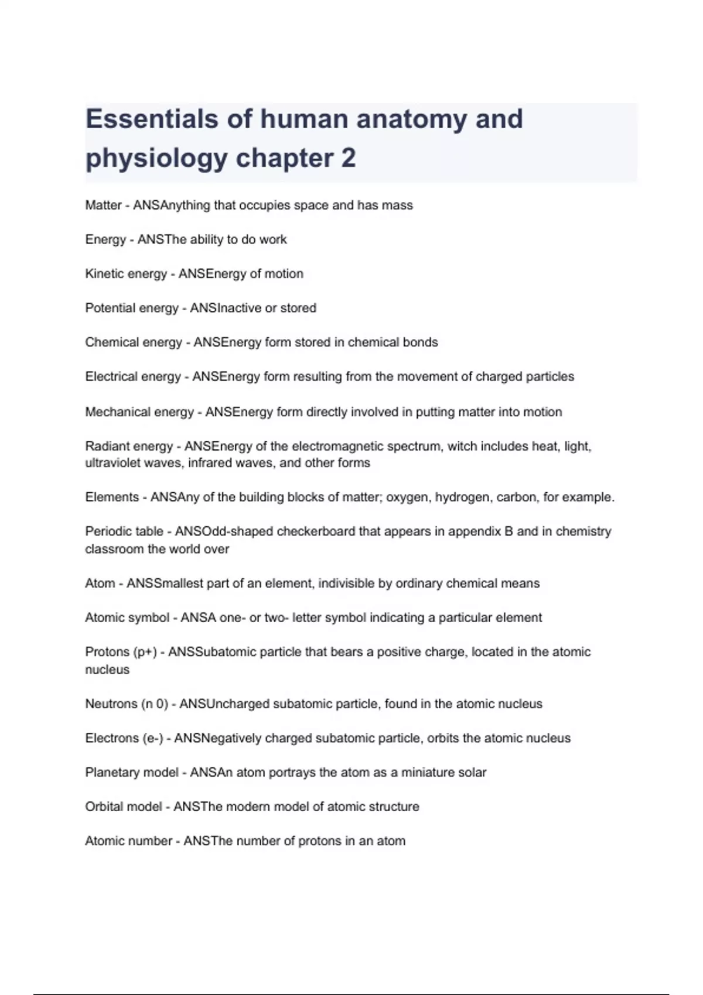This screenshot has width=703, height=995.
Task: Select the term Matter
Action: click(x=103, y=205)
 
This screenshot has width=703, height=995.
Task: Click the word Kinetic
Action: click(x=104, y=274)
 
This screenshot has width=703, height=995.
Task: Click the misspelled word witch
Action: click(x=462, y=446)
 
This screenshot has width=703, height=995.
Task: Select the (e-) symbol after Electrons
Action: click(x=153, y=738)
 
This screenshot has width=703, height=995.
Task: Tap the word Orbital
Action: click(x=104, y=807)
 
